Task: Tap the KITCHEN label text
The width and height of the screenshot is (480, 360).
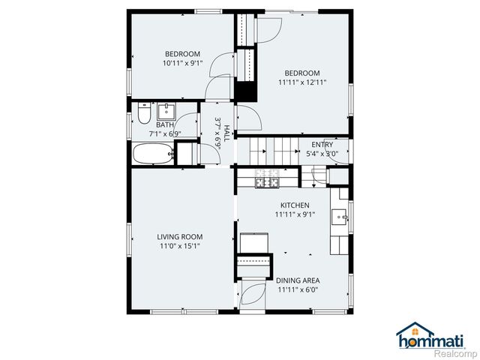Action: (295, 205)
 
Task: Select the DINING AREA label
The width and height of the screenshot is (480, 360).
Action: (298, 280)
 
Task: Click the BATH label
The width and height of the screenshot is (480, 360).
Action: (165, 124)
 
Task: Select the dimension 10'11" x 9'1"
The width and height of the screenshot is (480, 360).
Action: (182, 63)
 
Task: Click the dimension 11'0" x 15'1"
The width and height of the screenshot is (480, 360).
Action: (179, 245)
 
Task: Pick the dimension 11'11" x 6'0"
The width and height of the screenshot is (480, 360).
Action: (298, 289)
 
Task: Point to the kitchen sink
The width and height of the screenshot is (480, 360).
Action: (341, 217)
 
